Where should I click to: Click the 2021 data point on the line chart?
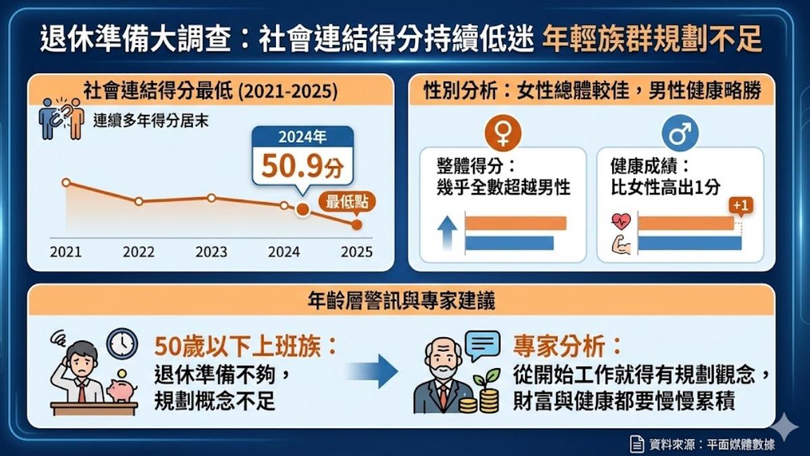(66, 182)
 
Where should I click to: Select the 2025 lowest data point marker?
(356, 225)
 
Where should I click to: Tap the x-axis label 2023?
(211, 252)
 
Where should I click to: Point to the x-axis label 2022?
(138, 252)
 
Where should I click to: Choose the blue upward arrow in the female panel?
(447, 233)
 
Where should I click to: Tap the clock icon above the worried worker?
(122, 343)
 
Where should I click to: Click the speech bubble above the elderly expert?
(483, 345)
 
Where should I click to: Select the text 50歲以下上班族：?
(246, 346)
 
